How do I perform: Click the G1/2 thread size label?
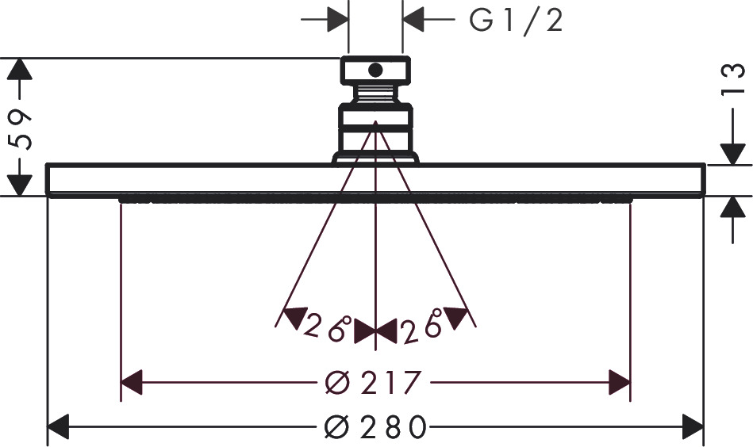tap(516, 21)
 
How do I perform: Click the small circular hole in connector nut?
tap(375, 71)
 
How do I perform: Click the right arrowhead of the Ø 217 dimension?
tap(620, 384)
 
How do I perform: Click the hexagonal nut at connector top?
tap(375, 71)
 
